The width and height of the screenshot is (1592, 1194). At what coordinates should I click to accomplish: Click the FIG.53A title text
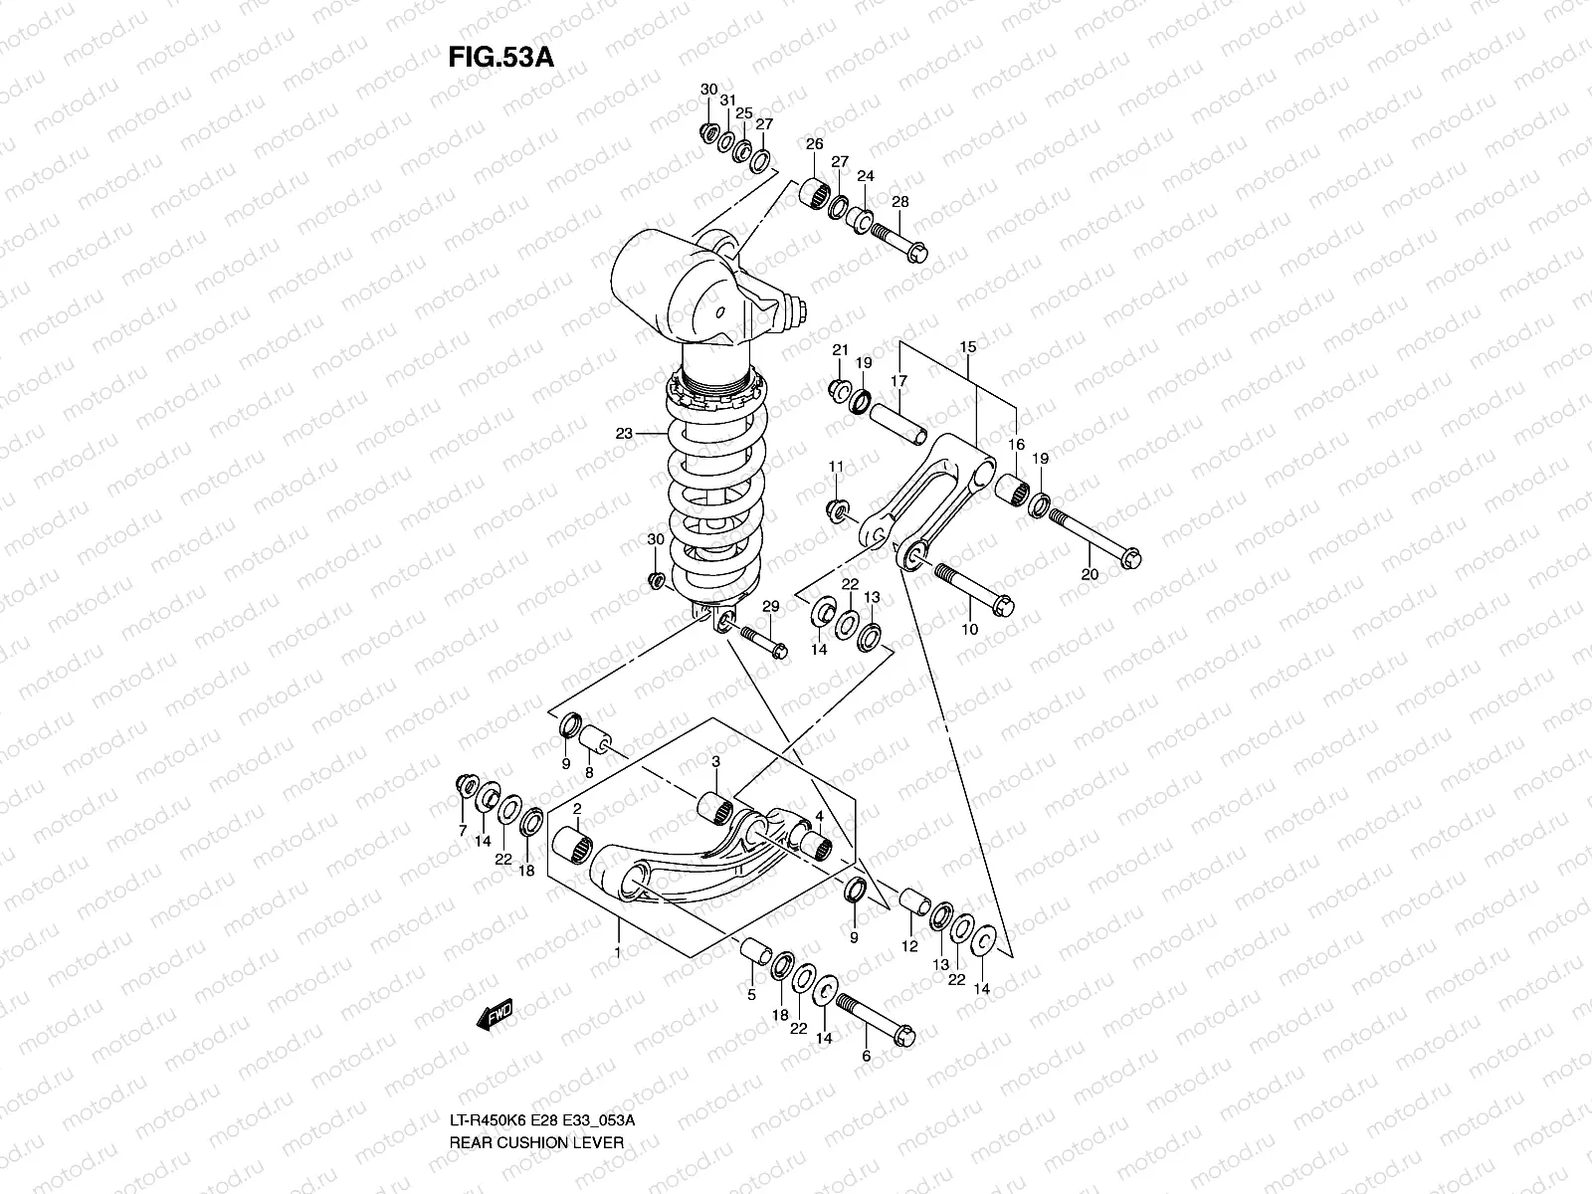(500, 56)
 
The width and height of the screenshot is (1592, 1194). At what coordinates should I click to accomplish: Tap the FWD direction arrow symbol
(495, 1014)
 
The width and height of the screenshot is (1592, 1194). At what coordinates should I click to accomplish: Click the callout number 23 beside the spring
(624, 434)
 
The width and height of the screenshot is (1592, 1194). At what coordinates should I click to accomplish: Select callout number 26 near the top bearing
(814, 145)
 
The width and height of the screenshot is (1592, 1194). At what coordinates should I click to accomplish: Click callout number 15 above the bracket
(967, 346)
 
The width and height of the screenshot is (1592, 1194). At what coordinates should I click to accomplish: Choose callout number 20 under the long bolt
(1090, 575)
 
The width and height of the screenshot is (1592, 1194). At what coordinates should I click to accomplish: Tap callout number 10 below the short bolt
(969, 629)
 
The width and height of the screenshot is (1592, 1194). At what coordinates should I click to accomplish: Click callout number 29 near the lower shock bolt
(770, 606)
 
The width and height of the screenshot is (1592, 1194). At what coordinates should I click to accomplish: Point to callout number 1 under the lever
(618, 952)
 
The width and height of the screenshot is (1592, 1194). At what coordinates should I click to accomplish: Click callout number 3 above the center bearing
(715, 761)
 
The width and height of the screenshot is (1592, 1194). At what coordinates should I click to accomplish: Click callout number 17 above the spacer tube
(898, 381)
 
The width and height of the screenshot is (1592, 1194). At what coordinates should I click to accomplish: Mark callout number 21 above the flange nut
(840, 350)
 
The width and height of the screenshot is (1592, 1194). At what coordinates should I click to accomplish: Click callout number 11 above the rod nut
(836, 467)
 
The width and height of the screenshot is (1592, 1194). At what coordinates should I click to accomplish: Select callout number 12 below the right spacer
(908, 947)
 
